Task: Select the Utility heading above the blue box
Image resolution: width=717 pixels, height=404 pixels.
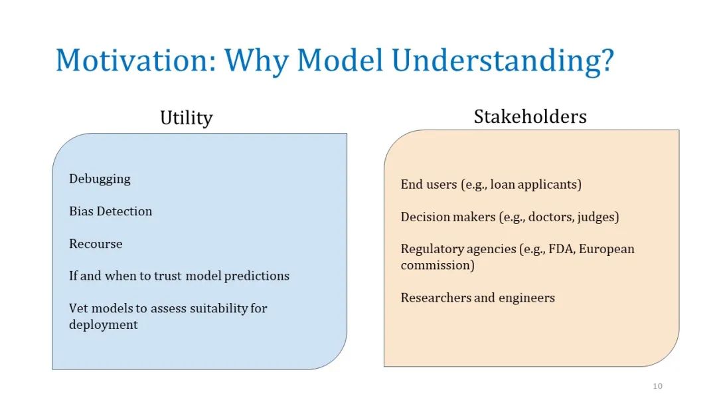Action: point(186,118)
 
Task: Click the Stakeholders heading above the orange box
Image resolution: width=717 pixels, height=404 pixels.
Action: point(530,117)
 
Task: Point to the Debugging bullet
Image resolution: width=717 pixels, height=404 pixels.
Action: point(100,179)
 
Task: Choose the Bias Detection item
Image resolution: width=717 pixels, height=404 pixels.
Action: point(111,211)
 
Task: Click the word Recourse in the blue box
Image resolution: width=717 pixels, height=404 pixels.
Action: point(96,243)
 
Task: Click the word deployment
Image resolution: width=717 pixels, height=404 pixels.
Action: point(104,325)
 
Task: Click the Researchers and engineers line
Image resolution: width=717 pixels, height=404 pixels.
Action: point(478,298)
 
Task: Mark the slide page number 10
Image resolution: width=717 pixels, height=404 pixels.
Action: point(657,386)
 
